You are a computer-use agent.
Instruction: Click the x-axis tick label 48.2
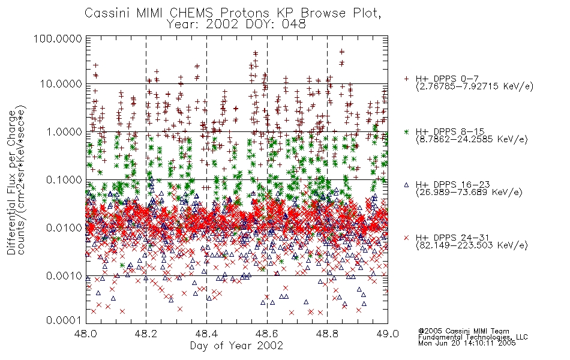coord(146,334)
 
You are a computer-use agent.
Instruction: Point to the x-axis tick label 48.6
coord(267,334)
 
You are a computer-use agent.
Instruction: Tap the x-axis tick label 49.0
coord(388,334)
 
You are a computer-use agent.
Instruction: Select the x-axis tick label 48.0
coord(86,334)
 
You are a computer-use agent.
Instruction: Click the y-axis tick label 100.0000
coord(58,38)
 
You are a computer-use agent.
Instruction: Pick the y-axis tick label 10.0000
coord(61,84)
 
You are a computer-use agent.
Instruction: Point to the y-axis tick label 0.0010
coord(64,276)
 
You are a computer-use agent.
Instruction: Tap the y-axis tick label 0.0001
coord(64,320)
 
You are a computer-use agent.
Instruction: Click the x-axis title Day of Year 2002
coord(236,346)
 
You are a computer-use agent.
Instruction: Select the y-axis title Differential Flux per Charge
coord(12,182)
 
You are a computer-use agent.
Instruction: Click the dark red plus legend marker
coord(406,79)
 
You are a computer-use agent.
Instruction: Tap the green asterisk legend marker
coord(406,131)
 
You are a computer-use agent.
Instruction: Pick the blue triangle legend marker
coord(406,185)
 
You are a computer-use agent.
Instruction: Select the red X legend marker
coord(406,238)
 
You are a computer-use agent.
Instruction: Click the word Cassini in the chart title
coord(107,13)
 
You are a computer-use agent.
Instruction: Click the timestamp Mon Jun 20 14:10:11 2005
coord(467,343)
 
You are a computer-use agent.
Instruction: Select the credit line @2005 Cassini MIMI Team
coord(464,331)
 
